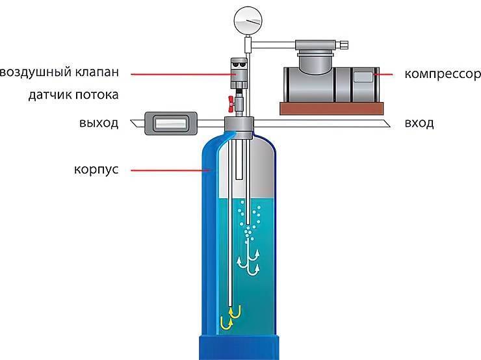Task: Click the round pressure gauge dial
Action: [x=248, y=21]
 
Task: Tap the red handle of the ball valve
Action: [x=231, y=103]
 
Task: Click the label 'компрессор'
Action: [x=443, y=74]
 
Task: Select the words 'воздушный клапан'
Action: [x=59, y=72]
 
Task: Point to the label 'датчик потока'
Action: [x=73, y=95]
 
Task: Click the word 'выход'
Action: [x=99, y=123]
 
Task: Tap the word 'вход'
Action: [x=419, y=123]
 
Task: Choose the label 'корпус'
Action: [x=96, y=170]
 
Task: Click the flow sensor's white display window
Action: [x=171, y=123]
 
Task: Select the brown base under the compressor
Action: [x=331, y=109]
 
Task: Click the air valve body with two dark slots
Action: [x=239, y=73]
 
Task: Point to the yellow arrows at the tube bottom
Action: [x=230, y=317]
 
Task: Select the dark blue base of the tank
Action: [x=239, y=348]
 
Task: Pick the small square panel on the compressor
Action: [x=363, y=77]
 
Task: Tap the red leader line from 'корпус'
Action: [x=170, y=170]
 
